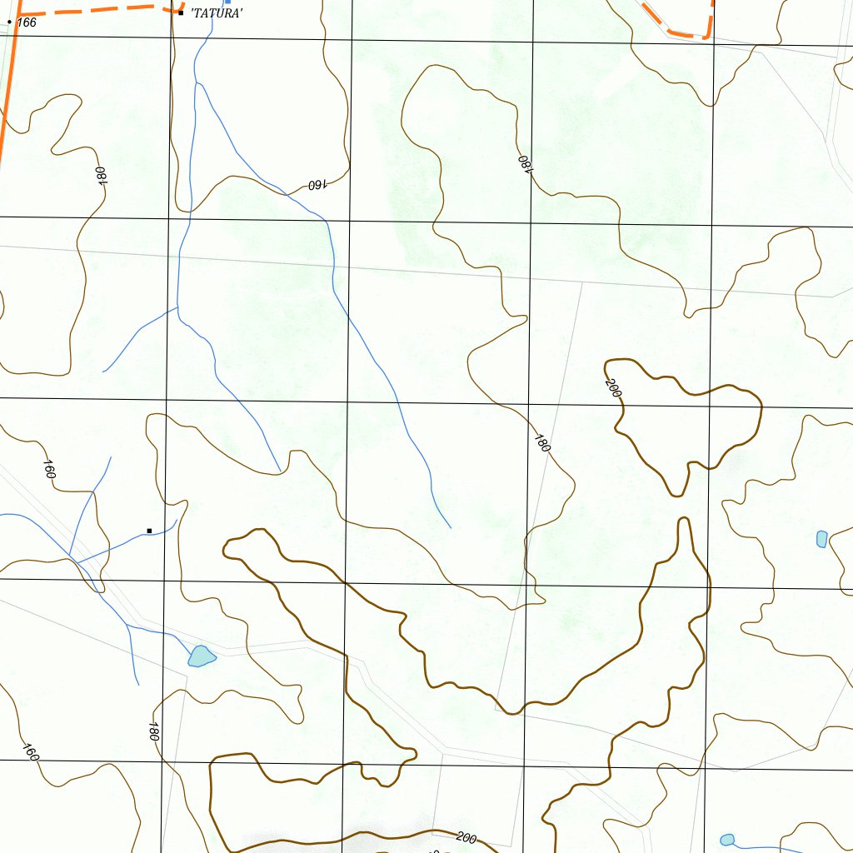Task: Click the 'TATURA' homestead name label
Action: [217, 12]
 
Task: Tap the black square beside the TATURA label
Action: [181, 12]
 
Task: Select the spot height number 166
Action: [27, 22]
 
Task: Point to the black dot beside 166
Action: [9, 22]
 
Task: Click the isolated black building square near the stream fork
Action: [149, 531]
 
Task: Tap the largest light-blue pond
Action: [201, 656]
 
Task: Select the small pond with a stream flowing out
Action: [727, 840]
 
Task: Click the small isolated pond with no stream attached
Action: [822, 539]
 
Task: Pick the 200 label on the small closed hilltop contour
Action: [614, 387]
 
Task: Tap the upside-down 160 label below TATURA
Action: [316, 185]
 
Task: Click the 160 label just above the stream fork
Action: [48, 469]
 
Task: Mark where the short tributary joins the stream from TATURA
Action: [178, 307]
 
